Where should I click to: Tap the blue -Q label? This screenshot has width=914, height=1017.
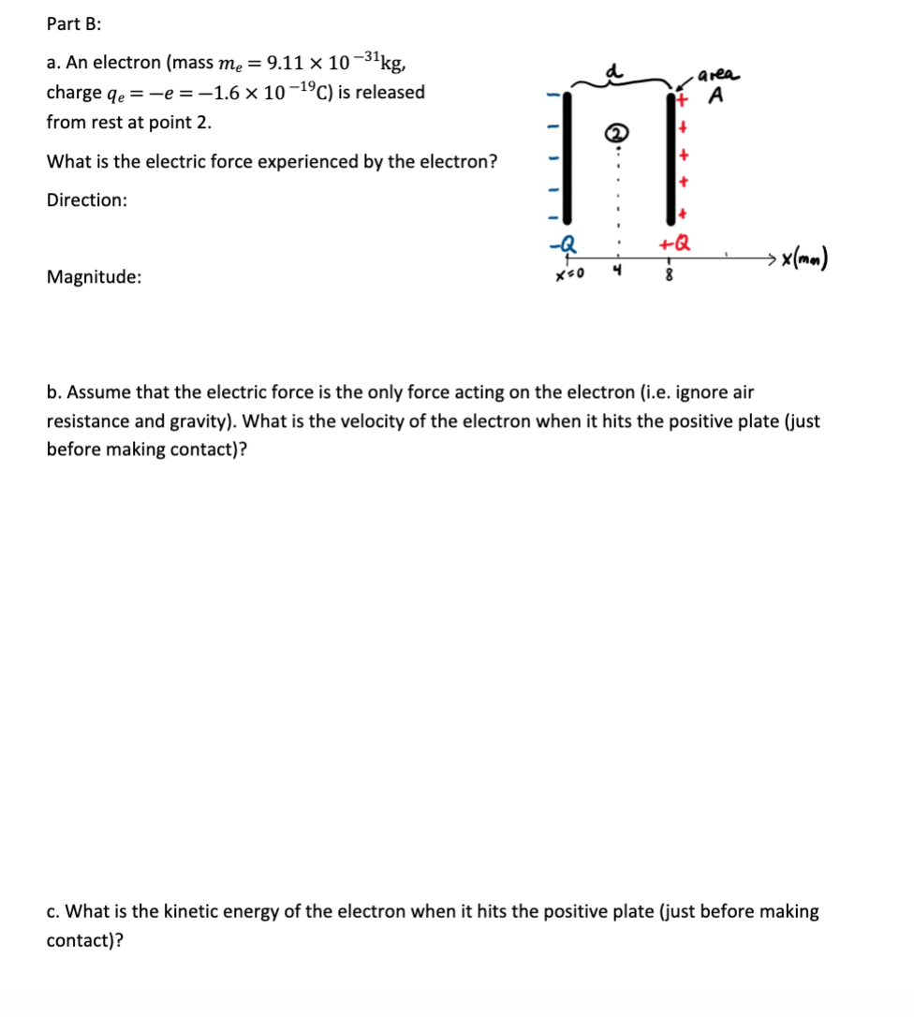(x=568, y=243)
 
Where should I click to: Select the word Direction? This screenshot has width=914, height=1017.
(x=87, y=200)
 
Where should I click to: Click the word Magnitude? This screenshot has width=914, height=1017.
(x=95, y=277)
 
